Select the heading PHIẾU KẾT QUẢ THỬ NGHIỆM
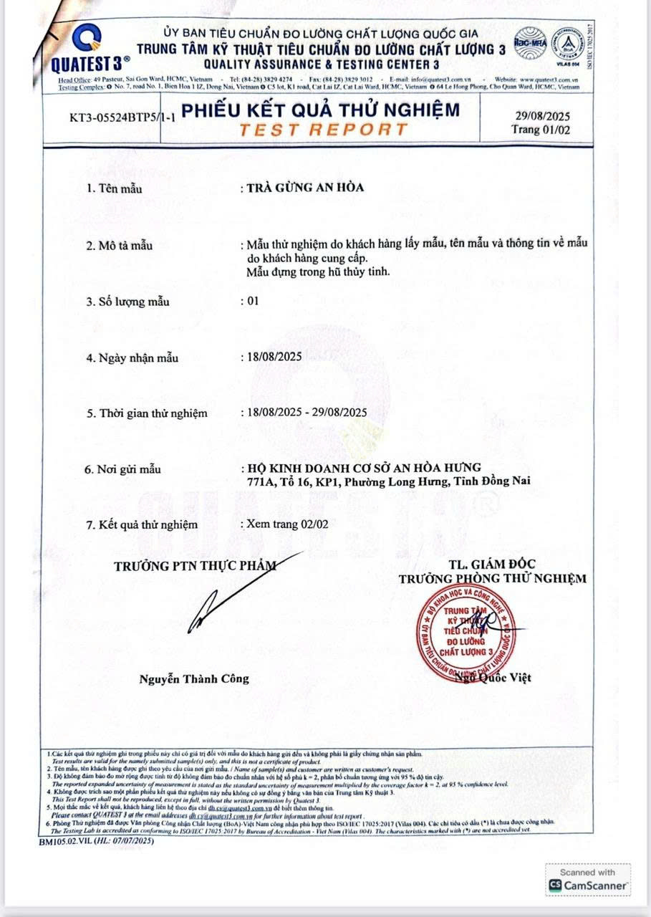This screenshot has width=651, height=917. pos(322,111)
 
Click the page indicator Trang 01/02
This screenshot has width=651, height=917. pos(542,130)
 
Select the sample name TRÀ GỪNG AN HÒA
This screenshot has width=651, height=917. pos(305,188)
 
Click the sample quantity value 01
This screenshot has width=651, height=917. pos(251,301)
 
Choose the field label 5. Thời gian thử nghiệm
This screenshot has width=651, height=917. pos(147,413)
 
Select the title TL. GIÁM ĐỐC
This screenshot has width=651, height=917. pos(492,564)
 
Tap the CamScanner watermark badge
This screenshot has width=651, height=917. pos(589,879)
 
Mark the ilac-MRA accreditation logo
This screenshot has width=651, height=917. pos(531,41)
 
